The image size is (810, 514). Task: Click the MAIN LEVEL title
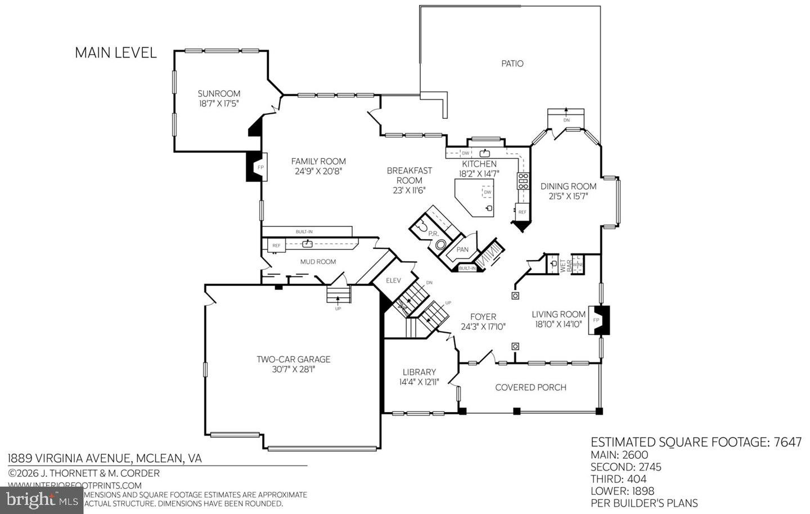[x=115, y=53]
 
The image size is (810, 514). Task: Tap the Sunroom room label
[x=219, y=94]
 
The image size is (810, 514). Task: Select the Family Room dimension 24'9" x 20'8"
[x=318, y=171]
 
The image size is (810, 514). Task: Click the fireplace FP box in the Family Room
[x=260, y=168]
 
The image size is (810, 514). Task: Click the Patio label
[x=512, y=64]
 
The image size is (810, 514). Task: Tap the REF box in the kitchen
[x=522, y=212]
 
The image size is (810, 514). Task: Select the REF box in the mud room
[x=276, y=246]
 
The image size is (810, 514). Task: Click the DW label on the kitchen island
[x=487, y=193]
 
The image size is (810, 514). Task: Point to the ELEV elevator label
[x=393, y=280]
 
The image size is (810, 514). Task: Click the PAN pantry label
[x=462, y=249]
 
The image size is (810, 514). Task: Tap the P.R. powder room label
[x=433, y=234]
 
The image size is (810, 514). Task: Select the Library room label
[x=419, y=372]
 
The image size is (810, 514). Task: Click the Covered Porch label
[x=530, y=387]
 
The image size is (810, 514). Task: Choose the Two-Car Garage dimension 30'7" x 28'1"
[x=293, y=369]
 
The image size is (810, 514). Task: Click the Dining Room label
[x=568, y=186]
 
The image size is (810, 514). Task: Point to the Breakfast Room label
[x=409, y=175]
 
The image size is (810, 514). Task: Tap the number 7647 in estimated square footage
[x=787, y=443]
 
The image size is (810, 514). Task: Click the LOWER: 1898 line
[x=622, y=490]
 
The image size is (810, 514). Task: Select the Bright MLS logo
[x=42, y=499]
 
